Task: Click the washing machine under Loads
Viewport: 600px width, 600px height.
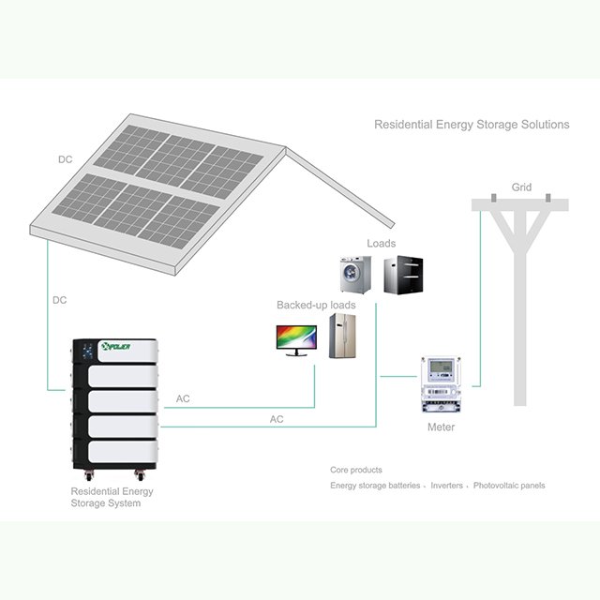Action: (x=355, y=274)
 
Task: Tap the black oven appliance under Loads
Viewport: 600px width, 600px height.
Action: (x=403, y=275)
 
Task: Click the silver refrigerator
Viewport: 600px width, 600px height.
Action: (x=342, y=336)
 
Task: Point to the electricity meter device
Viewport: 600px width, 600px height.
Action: (x=439, y=384)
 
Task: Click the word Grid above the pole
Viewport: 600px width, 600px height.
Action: (x=521, y=187)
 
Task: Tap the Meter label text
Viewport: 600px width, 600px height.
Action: (x=441, y=427)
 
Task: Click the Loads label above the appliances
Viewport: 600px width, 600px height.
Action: (x=381, y=244)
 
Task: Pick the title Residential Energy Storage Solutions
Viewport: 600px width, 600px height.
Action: (x=472, y=124)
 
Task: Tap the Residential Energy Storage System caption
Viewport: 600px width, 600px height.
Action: (x=112, y=497)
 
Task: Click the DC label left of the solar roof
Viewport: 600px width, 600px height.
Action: (x=65, y=159)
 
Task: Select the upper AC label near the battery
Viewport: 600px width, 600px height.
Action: (x=184, y=399)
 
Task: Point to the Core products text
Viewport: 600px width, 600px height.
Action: (x=355, y=470)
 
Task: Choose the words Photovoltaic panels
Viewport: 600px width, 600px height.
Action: (x=508, y=486)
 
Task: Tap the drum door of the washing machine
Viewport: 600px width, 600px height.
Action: (x=355, y=277)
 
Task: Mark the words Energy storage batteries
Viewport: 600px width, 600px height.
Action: (x=374, y=486)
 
